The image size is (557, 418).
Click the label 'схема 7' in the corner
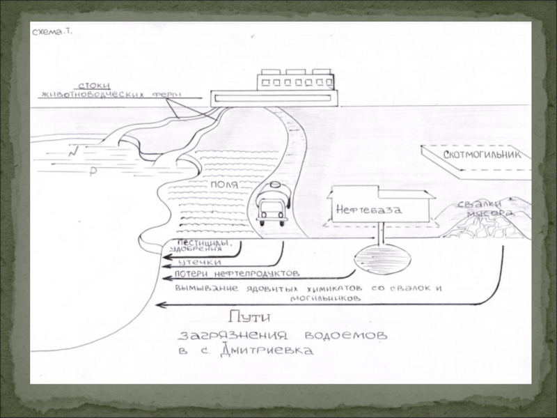(x=53, y=32)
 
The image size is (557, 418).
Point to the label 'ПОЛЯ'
(x=223, y=185)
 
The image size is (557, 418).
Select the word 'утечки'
(x=197, y=261)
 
